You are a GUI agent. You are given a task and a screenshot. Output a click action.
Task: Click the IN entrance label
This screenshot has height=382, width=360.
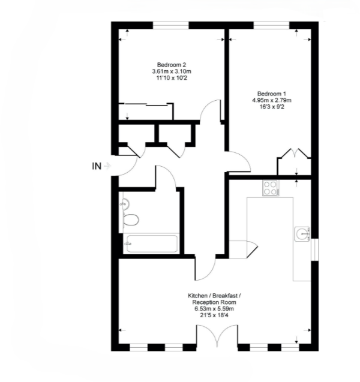click(x=96, y=166)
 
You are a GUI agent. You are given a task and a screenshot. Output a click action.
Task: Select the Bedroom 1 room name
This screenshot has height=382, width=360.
click(x=272, y=94)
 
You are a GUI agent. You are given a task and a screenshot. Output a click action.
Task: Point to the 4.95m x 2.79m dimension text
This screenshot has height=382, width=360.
click(x=272, y=101)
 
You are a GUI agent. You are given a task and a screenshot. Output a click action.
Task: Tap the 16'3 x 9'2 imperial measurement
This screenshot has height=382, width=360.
click(x=272, y=108)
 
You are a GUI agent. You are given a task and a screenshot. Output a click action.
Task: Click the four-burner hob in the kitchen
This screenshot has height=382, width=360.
click(x=271, y=188)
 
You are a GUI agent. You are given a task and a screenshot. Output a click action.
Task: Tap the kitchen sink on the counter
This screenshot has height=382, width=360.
click(x=302, y=231)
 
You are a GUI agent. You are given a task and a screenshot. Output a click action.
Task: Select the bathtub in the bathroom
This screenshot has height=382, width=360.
click(x=150, y=243)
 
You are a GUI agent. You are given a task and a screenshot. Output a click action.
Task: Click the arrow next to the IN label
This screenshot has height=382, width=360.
click(x=107, y=166)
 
